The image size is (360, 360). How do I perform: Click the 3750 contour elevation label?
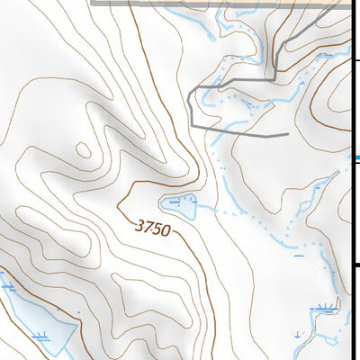152,229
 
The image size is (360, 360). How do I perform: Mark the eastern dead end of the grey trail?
286,135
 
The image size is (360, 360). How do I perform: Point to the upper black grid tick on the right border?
355,60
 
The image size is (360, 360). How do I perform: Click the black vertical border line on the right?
352,207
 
